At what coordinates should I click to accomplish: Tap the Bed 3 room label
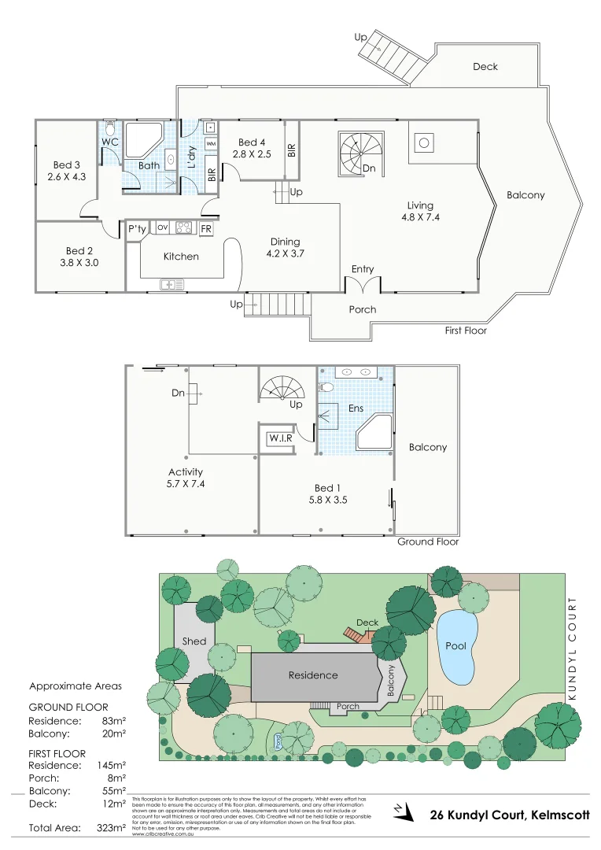[67, 171]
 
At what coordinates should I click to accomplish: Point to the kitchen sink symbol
[171, 284]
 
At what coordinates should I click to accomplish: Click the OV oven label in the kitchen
[163, 227]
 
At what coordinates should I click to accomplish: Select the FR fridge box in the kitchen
[206, 228]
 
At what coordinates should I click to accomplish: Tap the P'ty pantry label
[137, 228]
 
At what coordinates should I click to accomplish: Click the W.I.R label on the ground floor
[281, 437]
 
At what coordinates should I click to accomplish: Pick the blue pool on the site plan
[455, 646]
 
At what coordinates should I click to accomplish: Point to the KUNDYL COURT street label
[573, 649]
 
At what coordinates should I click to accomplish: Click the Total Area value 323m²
[109, 828]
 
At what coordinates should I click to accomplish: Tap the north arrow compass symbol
[402, 811]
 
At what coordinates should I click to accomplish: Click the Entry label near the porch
[363, 269]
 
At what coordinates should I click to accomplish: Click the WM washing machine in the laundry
[210, 145]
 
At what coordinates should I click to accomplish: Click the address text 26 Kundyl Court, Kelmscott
[510, 815]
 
